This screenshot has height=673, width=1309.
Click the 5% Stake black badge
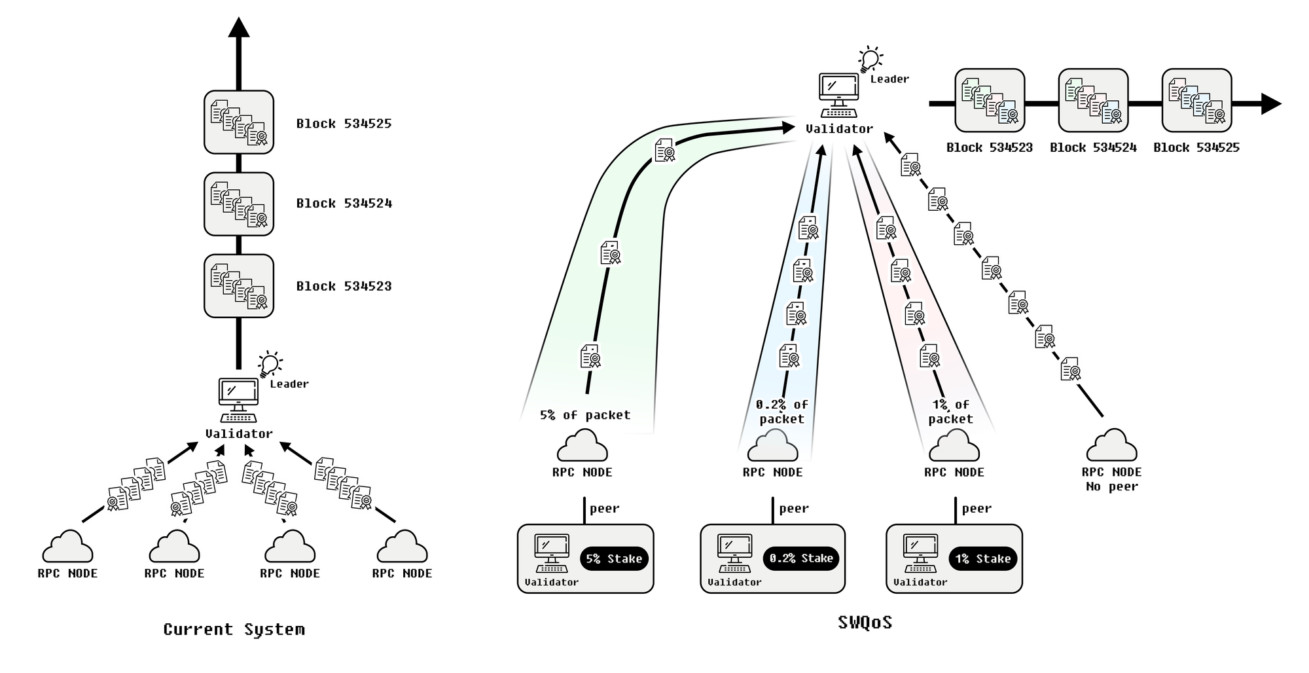click(x=613, y=558)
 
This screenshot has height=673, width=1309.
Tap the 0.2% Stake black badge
click(x=800, y=558)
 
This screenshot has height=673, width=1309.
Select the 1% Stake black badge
click(x=982, y=558)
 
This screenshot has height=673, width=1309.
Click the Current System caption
click(x=234, y=629)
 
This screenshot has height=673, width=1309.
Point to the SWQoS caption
click(x=865, y=622)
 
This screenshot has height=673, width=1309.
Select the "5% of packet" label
click(x=585, y=415)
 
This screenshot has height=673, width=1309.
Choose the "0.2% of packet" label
click(x=781, y=412)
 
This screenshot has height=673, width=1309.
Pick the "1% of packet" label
click(x=950, y=412)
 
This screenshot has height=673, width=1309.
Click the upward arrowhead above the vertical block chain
click(x=239, y=27)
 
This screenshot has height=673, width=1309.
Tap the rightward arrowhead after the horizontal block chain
click(x=1270, y=103)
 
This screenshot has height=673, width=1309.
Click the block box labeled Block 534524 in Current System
click(x=239, y=204)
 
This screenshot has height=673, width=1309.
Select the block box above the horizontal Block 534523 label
click(x=990, y=100)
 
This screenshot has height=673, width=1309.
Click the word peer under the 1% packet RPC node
click(x=977, y=509)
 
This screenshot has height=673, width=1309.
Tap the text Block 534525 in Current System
click(x=344, y=124)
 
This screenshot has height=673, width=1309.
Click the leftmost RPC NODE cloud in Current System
click(x=67, y=547)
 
